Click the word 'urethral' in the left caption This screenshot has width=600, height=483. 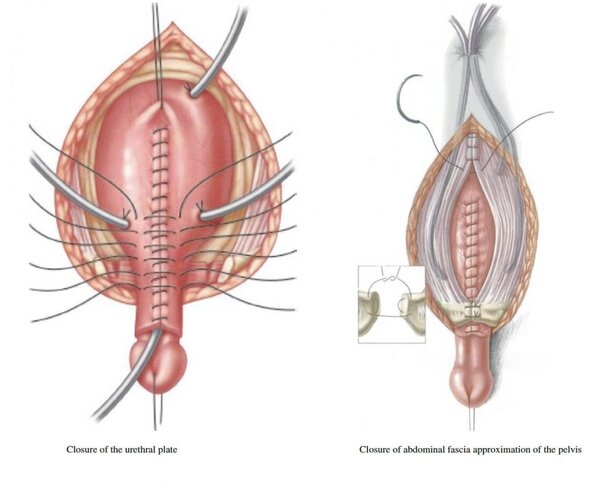click(140, 449)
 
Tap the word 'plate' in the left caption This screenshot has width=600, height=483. click(168, 450)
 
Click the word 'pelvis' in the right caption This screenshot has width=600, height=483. click(569, 450)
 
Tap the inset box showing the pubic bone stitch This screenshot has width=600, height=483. click(391, 304)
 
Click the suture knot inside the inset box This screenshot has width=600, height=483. click(391, 278)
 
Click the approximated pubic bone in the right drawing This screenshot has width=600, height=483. click(473, 311)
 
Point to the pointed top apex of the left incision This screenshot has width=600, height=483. click(173, 22)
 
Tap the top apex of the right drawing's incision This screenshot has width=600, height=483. click(472, 115)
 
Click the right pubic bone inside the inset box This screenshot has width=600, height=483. click(412, 309)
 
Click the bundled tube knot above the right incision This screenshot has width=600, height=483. click(473, 54)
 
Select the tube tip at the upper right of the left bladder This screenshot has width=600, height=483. click(192, 92)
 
